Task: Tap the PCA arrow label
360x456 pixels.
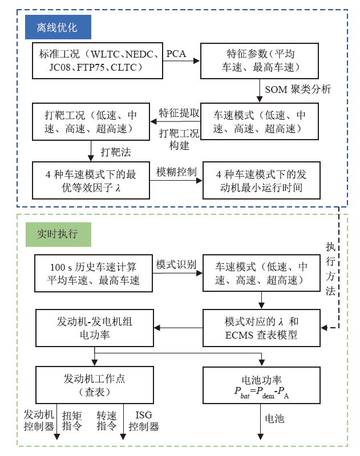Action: pyautogui.click(x=177, y=53)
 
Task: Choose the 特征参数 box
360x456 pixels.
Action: pyautogui.click(x=260, y=60)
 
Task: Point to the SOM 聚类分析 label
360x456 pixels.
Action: pyautogui.click(x=298, y=89)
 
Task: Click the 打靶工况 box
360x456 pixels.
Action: pyautogui.click(x=91, y=121)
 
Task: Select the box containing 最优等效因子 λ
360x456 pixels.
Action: pyautogui.click(x=91, y=181)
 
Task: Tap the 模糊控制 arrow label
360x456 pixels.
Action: pyautogui.click(x=176, y=172)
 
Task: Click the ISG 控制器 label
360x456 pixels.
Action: pyautogui.click(x=143, y=421)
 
